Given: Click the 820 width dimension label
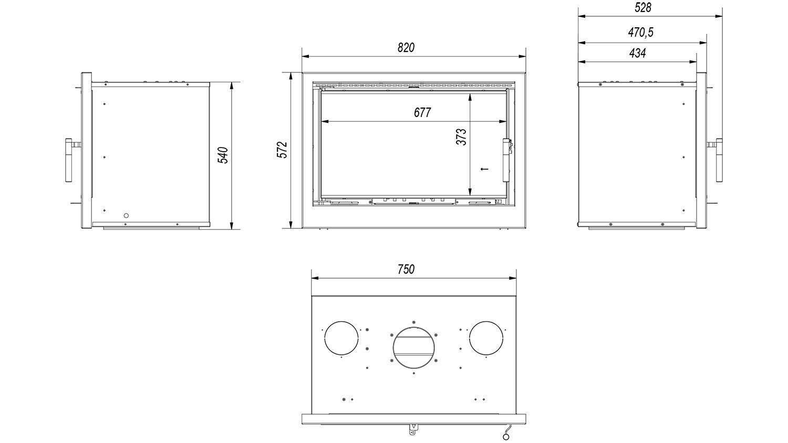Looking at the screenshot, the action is (x=406, y=47).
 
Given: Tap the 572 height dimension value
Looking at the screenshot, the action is (x=283, y=150).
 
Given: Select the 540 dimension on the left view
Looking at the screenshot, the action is (x=223, y=155).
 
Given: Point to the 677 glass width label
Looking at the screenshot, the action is (x=422, y=112).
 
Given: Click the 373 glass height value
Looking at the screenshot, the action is (x=461, y=137).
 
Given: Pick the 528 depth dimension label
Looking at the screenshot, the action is (x=642, y=8).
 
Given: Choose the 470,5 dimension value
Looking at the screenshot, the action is (x=640, y=33).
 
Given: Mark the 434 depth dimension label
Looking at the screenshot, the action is (x=637, y=53).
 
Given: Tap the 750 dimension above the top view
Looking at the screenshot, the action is (x=406, y=269).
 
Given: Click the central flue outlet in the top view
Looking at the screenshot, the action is (x=414, y=347).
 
